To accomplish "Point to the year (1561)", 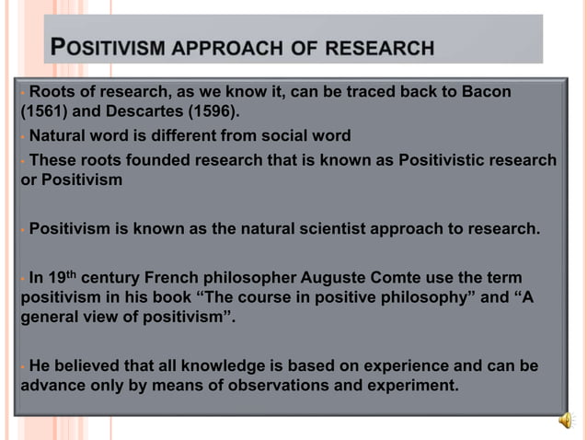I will click(43, 113).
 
